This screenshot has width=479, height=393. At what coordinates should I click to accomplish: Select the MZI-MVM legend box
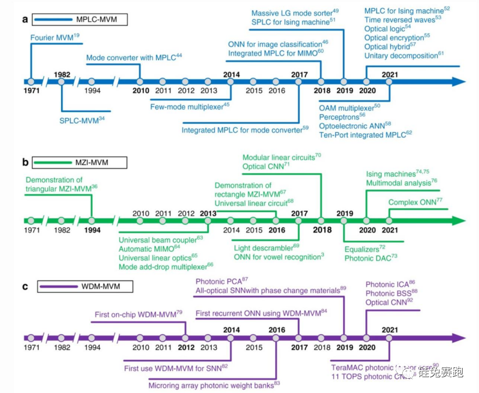[80, 162]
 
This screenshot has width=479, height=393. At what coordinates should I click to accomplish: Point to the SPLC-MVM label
[82, 119]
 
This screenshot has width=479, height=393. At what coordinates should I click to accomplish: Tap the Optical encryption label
[397, 37]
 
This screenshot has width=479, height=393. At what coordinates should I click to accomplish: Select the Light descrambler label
[266, 247]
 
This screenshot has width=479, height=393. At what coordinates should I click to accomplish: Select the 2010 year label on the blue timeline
[141, 91]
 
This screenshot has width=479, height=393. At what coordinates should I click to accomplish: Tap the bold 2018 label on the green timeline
[322, 230]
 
